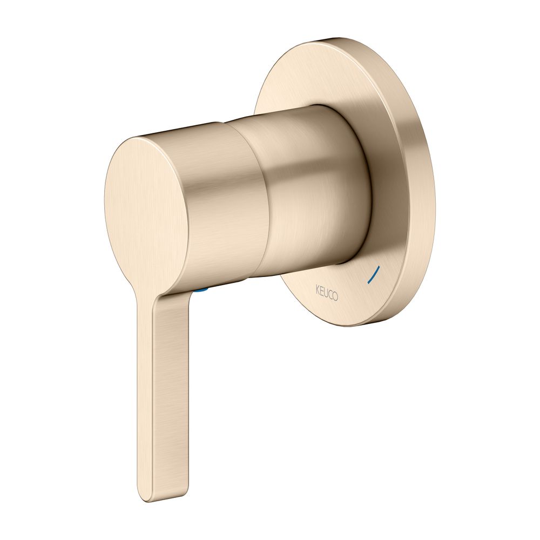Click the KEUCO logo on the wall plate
pos(327,293)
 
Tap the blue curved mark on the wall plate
pos(373,274)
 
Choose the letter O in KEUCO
pos(335,296)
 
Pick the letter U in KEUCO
pos(326,292)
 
